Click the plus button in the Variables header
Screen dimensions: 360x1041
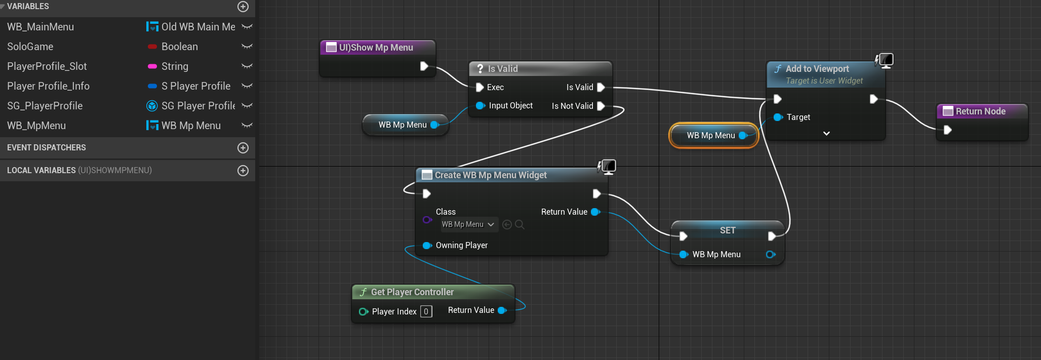coord(243,7)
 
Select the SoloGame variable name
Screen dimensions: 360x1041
coord(30,47)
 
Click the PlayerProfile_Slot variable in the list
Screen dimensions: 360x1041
coord(47,66)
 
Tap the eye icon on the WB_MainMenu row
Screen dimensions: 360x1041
coord(247,27)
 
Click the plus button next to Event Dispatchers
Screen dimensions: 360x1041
coord(243,148)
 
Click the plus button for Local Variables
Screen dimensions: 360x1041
coord(243,171)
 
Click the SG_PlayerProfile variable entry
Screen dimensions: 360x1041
coord(45,106)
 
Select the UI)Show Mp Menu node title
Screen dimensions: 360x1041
coord(376,48)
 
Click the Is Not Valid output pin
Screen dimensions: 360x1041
coord(601,106)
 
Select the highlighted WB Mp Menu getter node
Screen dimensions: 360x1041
coord(711,136)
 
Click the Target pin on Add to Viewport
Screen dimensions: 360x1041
coord(778,117)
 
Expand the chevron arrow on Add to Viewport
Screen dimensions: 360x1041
coord(826,134)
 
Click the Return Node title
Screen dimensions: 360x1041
coord(980,111)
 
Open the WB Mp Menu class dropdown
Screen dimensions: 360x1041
coord(468,224)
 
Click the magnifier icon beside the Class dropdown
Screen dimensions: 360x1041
coord(519,224)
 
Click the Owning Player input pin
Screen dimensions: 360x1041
coord(427,246)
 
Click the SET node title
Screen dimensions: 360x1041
coord(728,230)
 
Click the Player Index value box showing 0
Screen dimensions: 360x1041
coord(426,311)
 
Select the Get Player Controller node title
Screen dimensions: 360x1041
coord(412,292)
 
